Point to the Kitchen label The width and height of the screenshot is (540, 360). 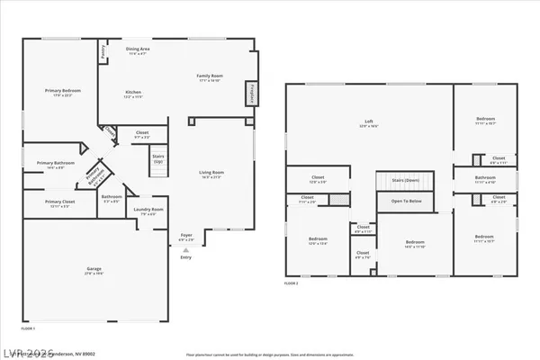pyautogui.click(x=133, y=94)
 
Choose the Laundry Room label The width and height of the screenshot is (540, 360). pyautogui.click(x=150, y=211)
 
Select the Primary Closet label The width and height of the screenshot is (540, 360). pyautogui.click(x=59, y=203)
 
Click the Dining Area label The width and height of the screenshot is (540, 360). pyautogui.click(x=138, y=50)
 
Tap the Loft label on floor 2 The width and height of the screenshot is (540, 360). pyautogui.click(x=368, y=122)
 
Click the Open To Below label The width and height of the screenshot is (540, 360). pyautogui.click(x=407, y=202)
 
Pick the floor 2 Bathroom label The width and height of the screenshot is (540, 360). pyautogui.click(x=485, y=179)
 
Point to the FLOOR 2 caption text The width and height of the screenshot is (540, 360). pyautogui.click(x=291, y=283)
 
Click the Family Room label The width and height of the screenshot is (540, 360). pyautogui.click(x=209, y=78)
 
